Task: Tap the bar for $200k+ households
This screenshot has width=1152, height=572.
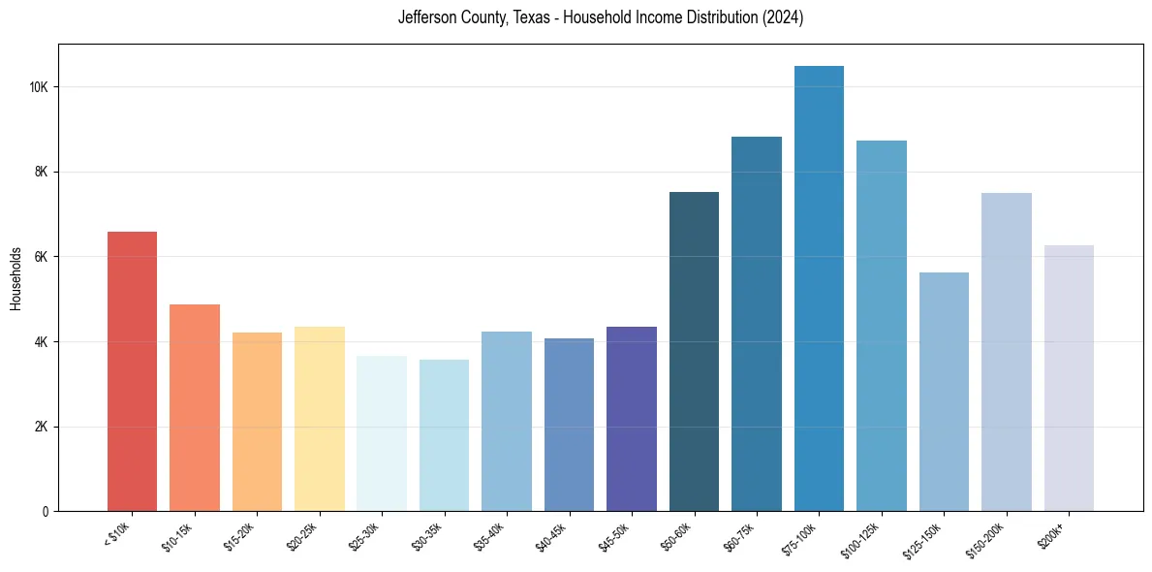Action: [x=1069, y=378]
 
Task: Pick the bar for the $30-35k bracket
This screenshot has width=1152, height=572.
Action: [x=444, y=435]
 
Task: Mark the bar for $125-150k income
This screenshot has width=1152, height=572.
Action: [x=944, y=392]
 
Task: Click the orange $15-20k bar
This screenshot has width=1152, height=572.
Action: [x=257, y=422]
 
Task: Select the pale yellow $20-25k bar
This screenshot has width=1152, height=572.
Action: [x=319, y=419]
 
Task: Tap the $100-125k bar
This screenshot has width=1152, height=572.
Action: [x=882, y=326]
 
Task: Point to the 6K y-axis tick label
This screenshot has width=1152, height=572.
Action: [x=41, y=257]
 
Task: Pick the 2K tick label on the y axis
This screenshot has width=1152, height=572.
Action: [x=41, y=427]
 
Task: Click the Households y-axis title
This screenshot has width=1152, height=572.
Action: [x=16, y=278]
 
